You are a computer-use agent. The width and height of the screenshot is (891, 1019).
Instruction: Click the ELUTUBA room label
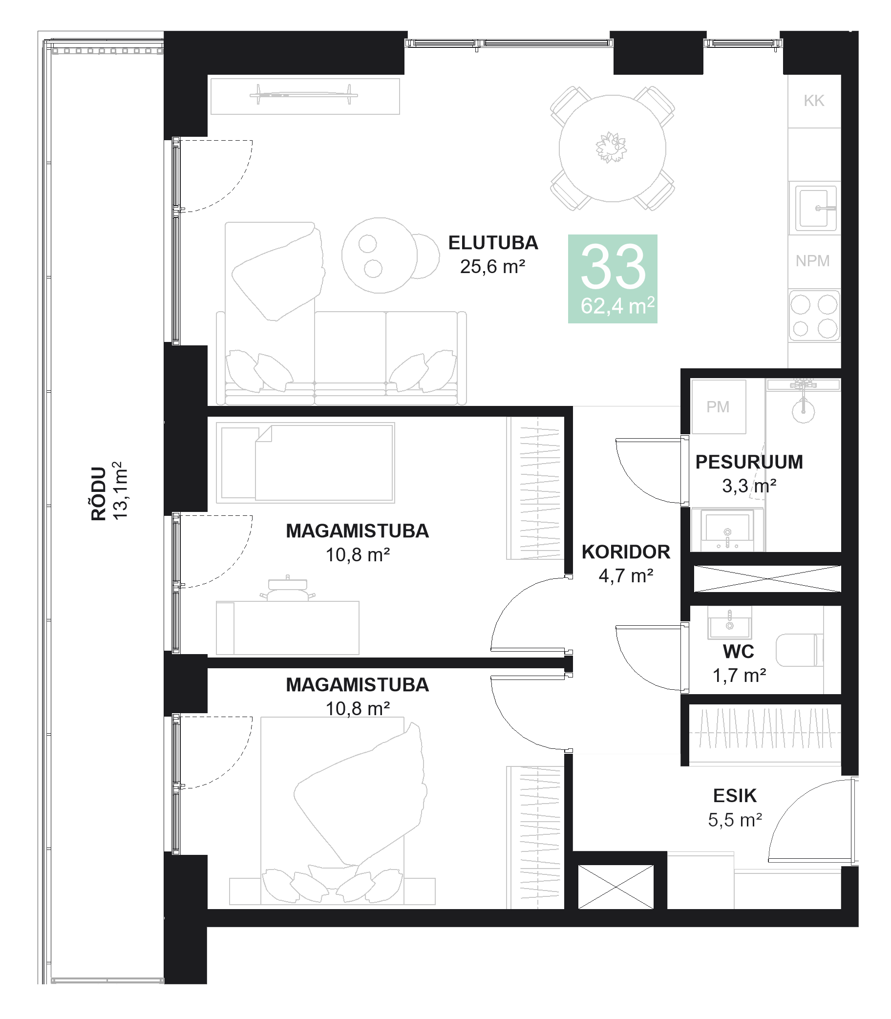(x=493, y=243)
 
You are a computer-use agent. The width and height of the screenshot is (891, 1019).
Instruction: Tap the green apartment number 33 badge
(x=613, y=278)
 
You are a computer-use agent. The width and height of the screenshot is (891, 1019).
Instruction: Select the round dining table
(x=612, y=148)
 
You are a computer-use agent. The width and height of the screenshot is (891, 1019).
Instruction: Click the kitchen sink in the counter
(x=814, y=209)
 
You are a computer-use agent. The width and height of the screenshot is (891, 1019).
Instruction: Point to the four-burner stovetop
(x=814, y=316)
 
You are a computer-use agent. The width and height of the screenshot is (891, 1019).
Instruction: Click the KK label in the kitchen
(x=814, y=101)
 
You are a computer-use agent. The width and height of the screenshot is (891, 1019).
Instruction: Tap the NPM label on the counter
(x=812, y=260)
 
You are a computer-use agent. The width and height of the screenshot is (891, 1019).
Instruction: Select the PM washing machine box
(x=718, y=407)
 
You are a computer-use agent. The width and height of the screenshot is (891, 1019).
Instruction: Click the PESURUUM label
(x=749, y=462)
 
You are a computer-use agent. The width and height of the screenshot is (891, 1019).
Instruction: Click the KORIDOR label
(x=625, y=552)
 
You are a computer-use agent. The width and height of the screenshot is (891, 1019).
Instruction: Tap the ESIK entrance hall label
(x=734, y=796)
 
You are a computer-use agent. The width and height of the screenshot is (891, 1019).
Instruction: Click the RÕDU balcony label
(x=99, y=493)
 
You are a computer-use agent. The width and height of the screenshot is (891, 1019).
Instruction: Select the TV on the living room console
(x=304, y=94)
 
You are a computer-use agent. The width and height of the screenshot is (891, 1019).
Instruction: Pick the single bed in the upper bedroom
(x=305, y=463)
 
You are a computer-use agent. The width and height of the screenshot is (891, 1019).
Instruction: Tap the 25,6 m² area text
(x=492, y=267)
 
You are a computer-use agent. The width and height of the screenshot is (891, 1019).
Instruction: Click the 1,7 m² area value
(x=739, y=675)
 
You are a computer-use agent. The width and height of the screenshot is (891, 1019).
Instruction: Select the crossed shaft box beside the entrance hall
(x=615, y=886)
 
